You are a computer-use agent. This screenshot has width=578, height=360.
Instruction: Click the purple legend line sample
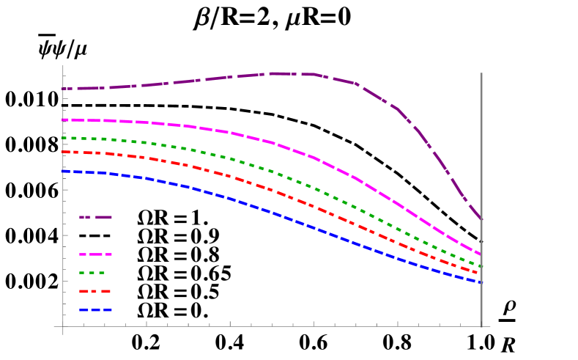coord(95,217)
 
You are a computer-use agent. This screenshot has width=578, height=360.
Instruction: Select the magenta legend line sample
coord(95,254)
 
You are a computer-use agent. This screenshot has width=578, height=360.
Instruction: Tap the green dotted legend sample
coord(92,273)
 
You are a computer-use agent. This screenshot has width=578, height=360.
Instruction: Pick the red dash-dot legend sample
coord(95,291)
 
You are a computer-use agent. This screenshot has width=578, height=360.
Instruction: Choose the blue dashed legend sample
coord(95,310)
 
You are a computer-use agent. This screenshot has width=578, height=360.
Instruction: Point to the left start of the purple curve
coord(62,89)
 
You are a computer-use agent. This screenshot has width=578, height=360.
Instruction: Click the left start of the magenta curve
coord(62,120)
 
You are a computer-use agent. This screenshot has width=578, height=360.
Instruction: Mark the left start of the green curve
coord(62,138)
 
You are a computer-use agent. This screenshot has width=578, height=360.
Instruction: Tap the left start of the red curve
coord(62,152)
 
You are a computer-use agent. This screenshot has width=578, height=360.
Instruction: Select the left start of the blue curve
coord(62,171)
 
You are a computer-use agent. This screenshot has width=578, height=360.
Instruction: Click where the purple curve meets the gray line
coord(481,218)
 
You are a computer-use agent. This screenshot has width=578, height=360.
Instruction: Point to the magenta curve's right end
coord(481,255)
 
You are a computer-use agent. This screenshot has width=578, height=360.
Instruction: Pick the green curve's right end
coord(481,266)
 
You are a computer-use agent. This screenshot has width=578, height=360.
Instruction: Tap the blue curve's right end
coord(481,282)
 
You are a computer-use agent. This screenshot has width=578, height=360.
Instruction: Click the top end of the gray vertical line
coord(481,73)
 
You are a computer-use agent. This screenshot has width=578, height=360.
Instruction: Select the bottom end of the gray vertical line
coord(481,326)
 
